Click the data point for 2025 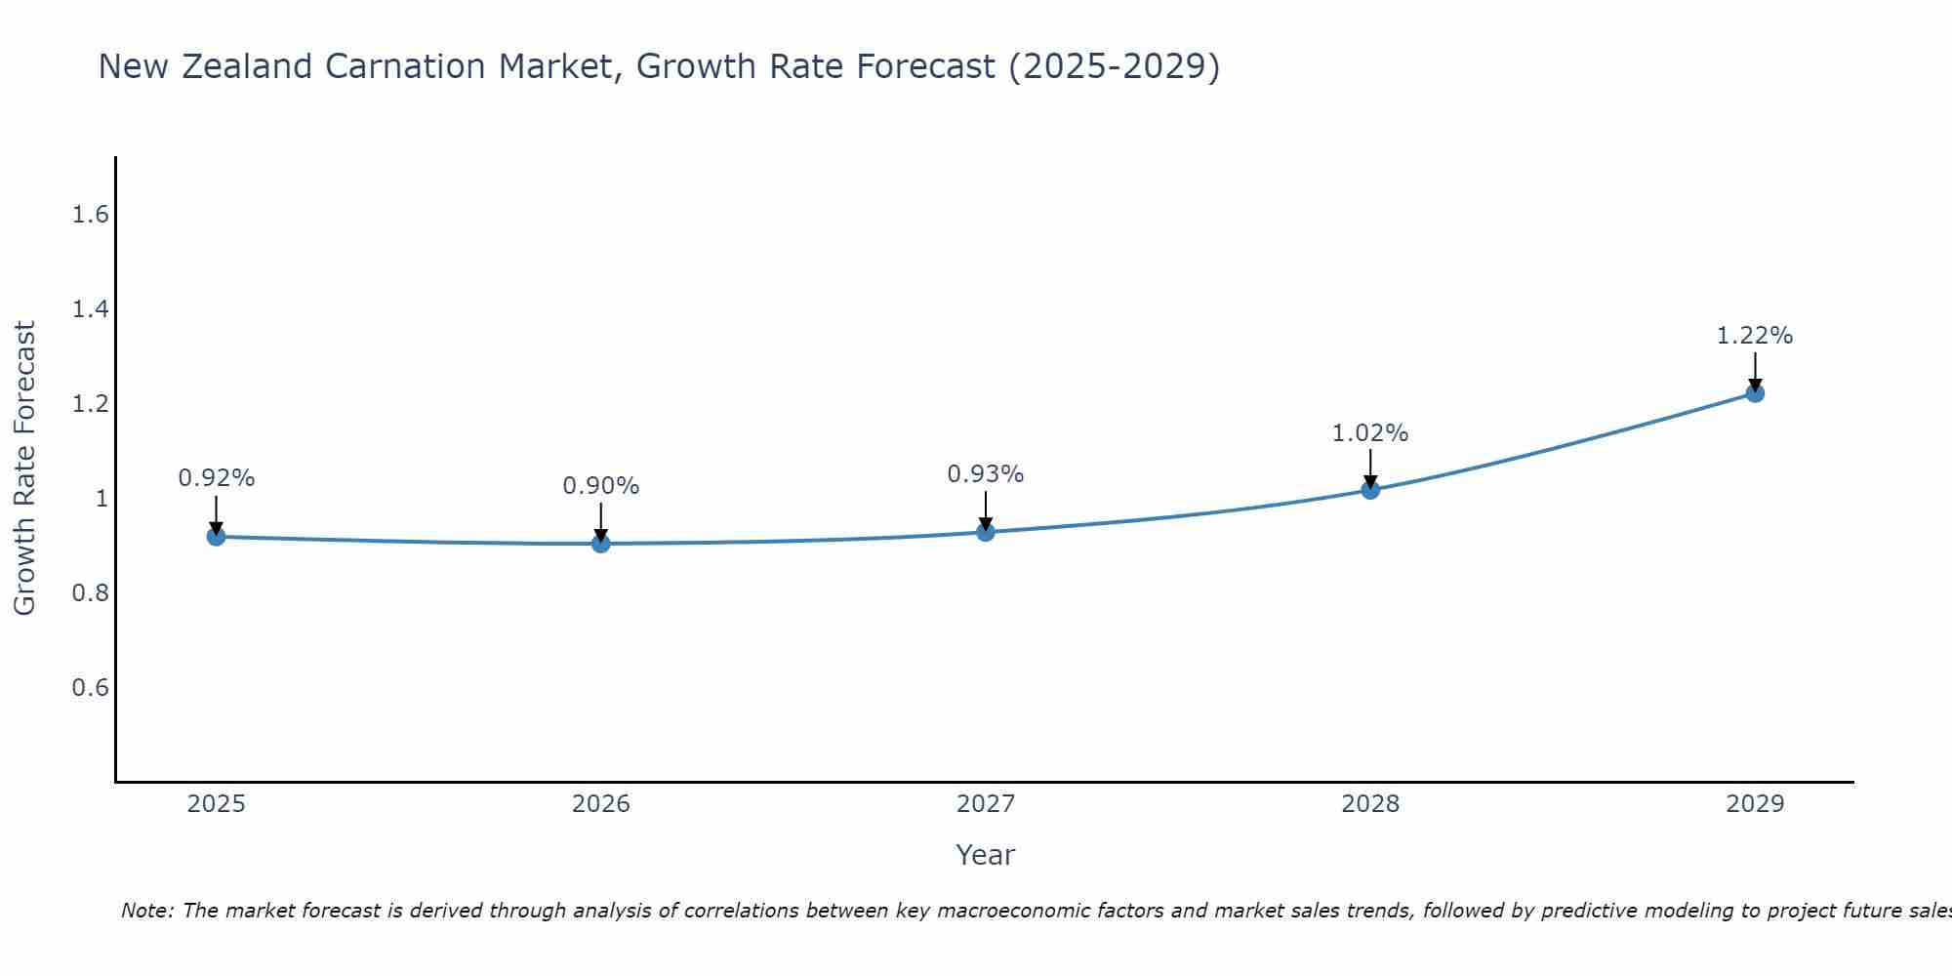tap(216, 536)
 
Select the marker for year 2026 tap(600, 543)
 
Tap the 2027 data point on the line tap(985, 532)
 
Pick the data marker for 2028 tap(1369, 489)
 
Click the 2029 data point tap(1754, 393)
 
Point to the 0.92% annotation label tap(216, 478)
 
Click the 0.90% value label tap(600, 485)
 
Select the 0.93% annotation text tap(985, 474)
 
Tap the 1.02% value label tap(1369, 432)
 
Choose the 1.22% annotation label tap(1754, 336)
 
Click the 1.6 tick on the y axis tap(90, 215)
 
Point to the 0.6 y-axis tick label tap(90, 688)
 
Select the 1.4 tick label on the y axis tap(90, 309)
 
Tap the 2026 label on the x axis tap(600, 804)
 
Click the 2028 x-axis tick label tap(1369, 804)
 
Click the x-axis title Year tap(985, 855)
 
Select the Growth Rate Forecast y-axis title tap(24, 468)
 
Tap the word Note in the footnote tap(145, 911)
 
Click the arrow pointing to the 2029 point tap(1754, 371)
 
